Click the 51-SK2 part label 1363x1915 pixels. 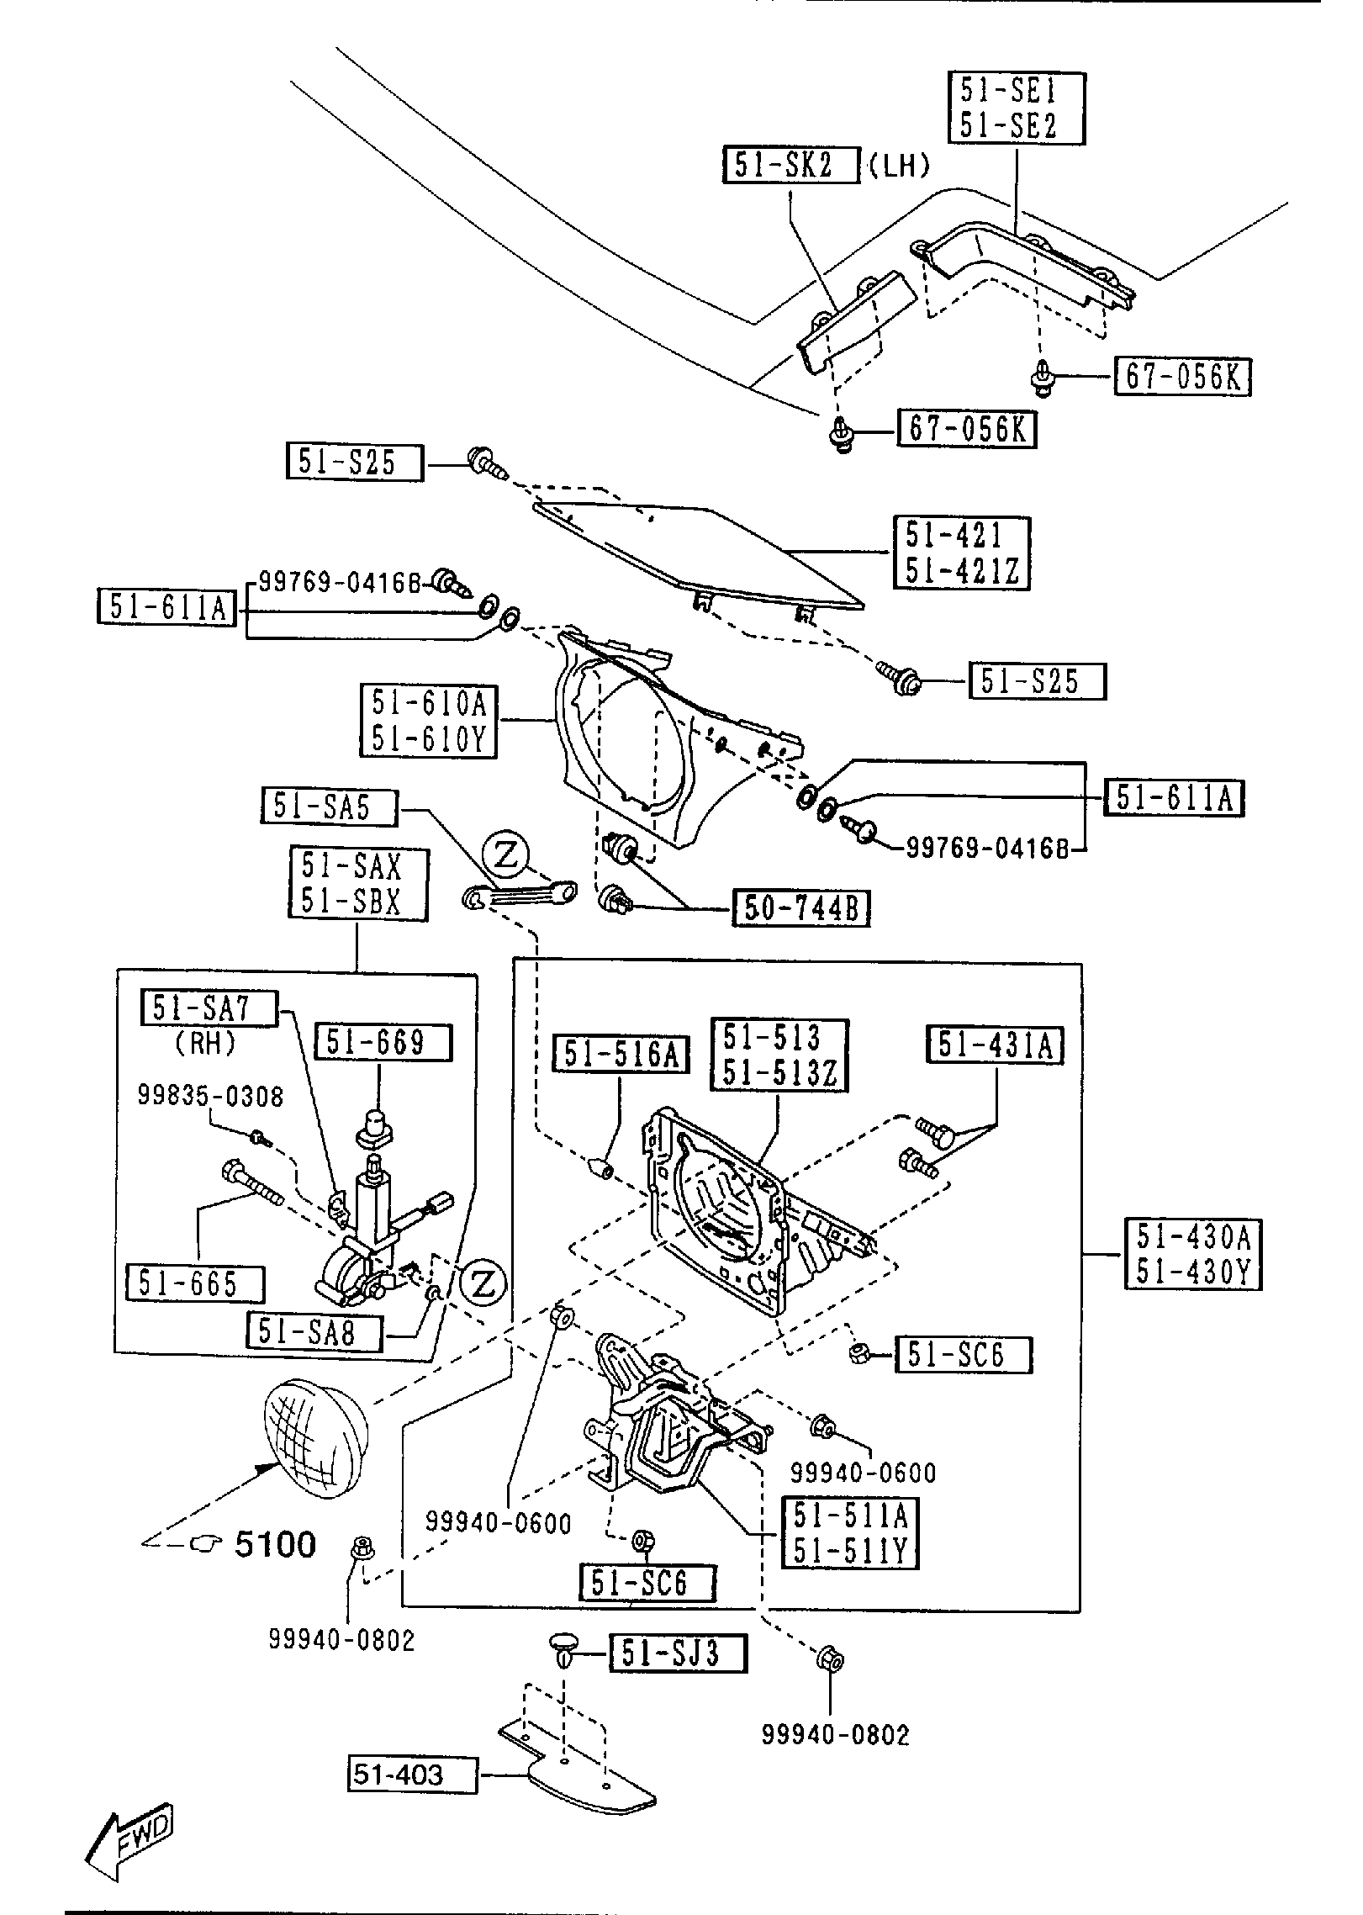pos(790,165)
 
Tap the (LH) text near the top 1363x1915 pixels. pos(898,166)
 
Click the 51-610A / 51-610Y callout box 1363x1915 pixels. pos(430,721)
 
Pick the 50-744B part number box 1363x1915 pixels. pos(801,908)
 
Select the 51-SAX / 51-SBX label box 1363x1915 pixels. pos(358,884)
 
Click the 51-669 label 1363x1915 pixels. pos(383,1043)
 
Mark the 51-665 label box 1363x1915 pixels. pos(194,1284)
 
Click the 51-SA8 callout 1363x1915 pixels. pos(313,1332)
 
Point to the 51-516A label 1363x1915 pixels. pos(621,1055)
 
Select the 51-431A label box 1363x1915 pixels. pos(996,1045)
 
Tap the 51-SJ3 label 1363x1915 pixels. pos(677,1653)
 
